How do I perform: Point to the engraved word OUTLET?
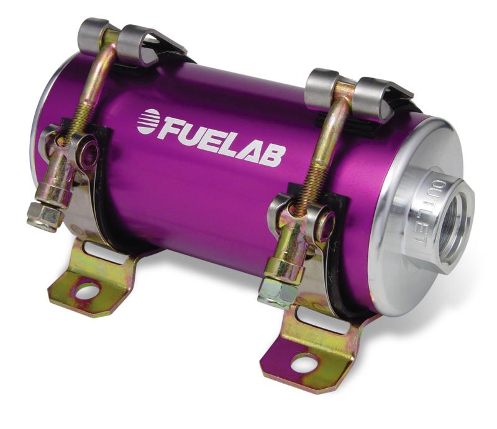(x=428, y=210)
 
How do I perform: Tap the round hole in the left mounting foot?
(x=88, y=289)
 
